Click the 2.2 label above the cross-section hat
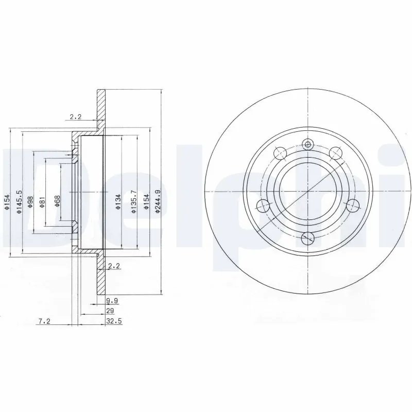(x=76, y=117)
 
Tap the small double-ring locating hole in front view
(x=308, y=145)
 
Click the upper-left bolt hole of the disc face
(x=280, y=153)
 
